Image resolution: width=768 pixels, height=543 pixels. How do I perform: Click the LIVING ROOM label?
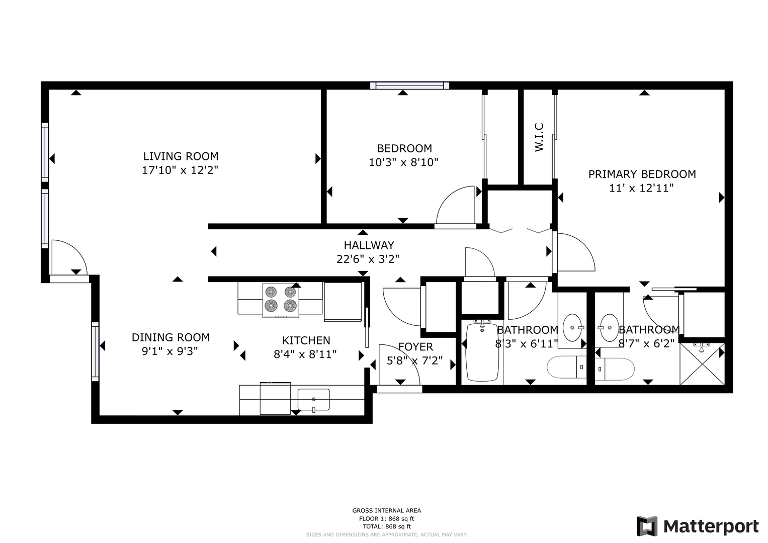point(181,156)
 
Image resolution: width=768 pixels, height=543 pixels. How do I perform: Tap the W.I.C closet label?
point(539,137)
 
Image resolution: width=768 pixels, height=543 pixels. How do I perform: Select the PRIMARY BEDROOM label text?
point(642,174)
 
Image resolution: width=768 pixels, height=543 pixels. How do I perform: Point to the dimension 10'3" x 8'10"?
point(403,162)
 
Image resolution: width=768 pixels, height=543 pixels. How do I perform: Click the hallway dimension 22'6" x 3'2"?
point(368,259)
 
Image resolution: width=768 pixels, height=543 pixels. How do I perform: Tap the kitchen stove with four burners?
point(281,300)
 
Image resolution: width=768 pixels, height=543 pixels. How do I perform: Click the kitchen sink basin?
point(313,400)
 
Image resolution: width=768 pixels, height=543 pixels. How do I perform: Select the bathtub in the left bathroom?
point(482,352)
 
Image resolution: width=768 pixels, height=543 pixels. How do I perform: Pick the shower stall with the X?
point(702,364)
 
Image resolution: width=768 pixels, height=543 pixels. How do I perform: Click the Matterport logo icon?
point(647,526)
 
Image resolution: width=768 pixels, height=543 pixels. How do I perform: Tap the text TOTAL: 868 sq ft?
point(387,526)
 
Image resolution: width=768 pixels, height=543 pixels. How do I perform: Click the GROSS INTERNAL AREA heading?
point(387,510)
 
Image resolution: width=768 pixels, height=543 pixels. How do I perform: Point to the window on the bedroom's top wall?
point(410,85)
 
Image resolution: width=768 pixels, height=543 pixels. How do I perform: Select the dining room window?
point(96,352)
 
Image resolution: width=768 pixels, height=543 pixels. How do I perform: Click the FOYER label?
point(415,347)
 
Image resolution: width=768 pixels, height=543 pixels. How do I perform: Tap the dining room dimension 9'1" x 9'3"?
point(170,351)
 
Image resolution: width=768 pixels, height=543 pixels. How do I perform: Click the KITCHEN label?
point(306,340)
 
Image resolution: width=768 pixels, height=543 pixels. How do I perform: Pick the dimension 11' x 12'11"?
point(641,188)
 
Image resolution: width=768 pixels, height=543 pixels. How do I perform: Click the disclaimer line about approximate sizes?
point(387,535)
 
